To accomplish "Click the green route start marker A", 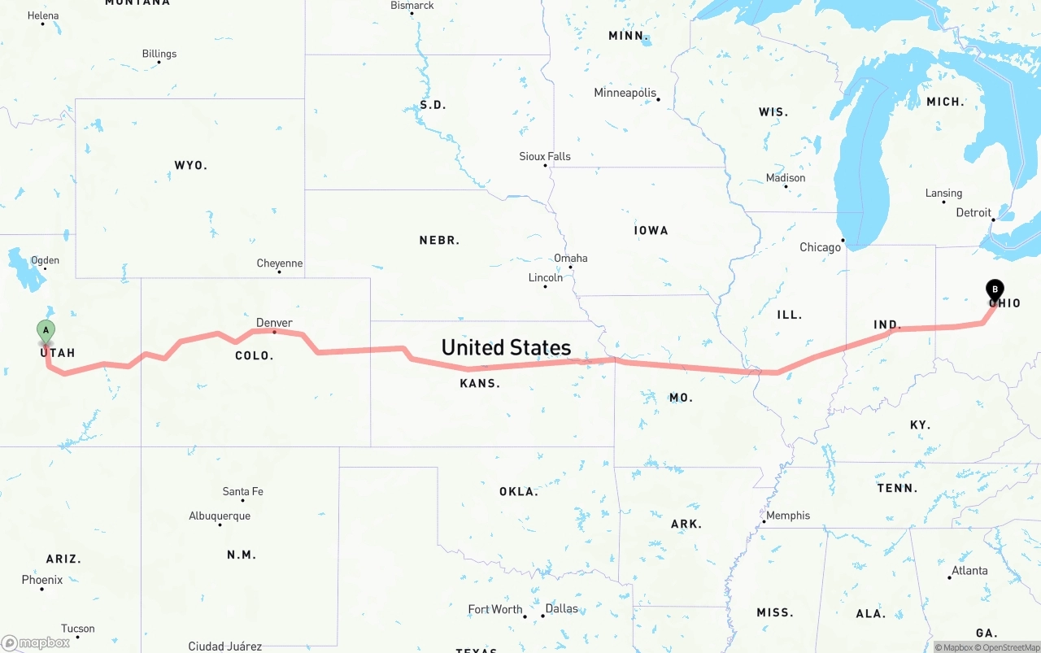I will pyautogui.click(x=46, y=330).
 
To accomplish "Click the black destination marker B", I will pyautogui.click(x=995, y=289).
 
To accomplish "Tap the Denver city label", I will pyautogui.click(x=274, y=323).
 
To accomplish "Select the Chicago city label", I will pyautogui.click(x=820, y=247).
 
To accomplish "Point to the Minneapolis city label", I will pyautogui.click(x=625, y=93).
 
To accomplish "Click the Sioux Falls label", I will pyautogui.click(x=545, y=156).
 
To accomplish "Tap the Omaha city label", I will pyautogui.click(x=570, y=259).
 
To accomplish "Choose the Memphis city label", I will pyautogui.click(x=788, y=516).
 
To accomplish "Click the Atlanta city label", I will pyautogui.click(x=969, y=571).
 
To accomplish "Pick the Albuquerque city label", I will pyautogui.click(x=220, y=516).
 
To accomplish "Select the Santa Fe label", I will pyautogui.click(x=242, y=492).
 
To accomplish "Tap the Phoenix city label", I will pyautogui.click(x=42, y=580).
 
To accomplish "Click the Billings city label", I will pyautogui.click(x=159, y=54).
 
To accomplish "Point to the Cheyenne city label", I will pyautogui.click(x=280, y=263).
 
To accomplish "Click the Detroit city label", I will pyautogui.click(x=973, y=213).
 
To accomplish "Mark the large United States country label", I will pyautogui.click(x=506, y=348).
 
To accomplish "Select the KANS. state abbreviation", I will pyautogui.click(x=480, y=383).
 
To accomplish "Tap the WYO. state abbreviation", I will pyautogui.click(x=191, y=165).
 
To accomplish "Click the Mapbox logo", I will pyautogui.click(x=36, y=642).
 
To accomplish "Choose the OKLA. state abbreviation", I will pyautogui.click(x=519, y=492).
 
